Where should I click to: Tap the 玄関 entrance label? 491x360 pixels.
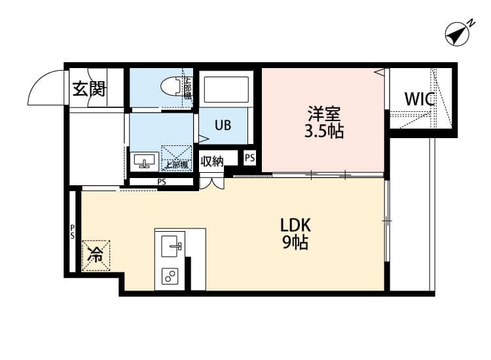[x=88, y=88]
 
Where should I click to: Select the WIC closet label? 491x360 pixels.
[x=419, y=100]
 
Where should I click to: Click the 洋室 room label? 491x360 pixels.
[x=323, y=113]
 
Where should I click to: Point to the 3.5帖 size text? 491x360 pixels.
[x=323, y=132]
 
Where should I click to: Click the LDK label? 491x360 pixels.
[x=295, y=225]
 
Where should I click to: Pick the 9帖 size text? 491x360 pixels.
[x=295, y=243]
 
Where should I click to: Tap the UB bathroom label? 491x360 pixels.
[x=223, y=126]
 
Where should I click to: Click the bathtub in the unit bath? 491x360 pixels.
[x=227, y=90]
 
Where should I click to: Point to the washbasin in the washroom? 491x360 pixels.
[x=144, y=160]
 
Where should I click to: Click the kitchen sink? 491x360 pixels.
[x=172, y=246]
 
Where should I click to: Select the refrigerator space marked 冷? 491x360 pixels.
[x=96, y=255]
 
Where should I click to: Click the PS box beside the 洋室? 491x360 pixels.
[x=249, y=158]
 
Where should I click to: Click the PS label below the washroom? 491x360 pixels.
[x=161, y=182]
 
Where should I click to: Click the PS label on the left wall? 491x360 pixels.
[x=73, y=232]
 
